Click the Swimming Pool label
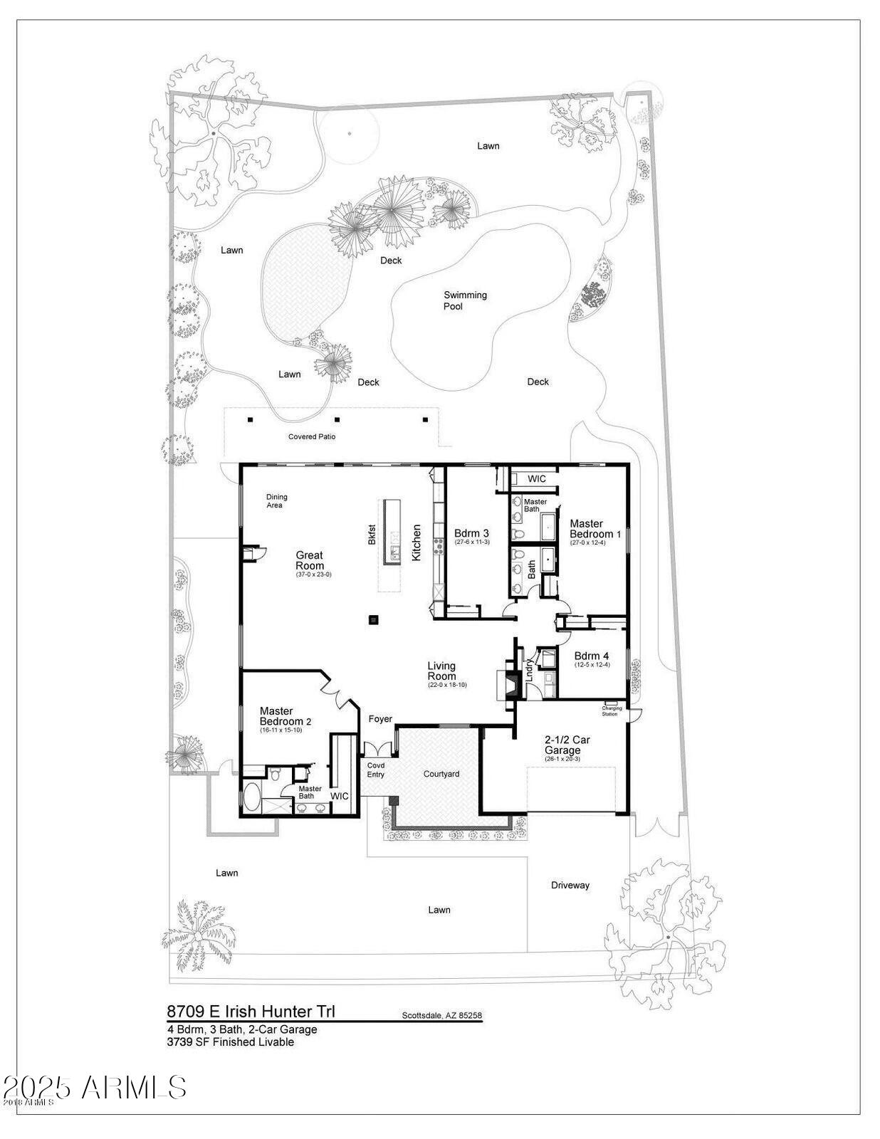(x=465, y=300)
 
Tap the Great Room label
(x=310, y=560)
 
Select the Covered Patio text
(x=312, y=436)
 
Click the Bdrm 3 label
(x=471, y=534)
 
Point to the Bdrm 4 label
(x=592, y=656)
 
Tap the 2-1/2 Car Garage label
(x=567, y=745)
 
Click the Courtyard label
(x=441, y=774)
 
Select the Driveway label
(x=570, y=886)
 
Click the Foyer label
(x=380, y=719)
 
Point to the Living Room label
(x=441, y=671)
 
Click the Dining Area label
(x=276, y=501)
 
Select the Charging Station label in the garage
(x=611, y=710)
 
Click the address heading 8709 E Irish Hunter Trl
(x=251, y=1011)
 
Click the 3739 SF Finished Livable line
(x=231, y=1042)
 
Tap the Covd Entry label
(x=375, y=770)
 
